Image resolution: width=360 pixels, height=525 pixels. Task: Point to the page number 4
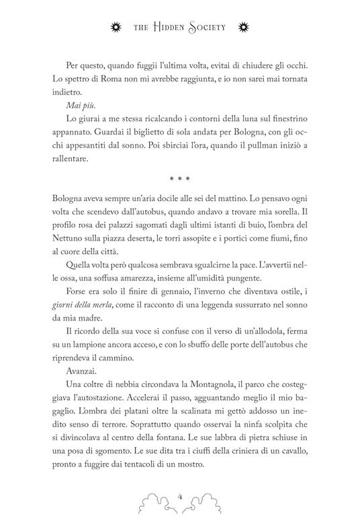180,496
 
